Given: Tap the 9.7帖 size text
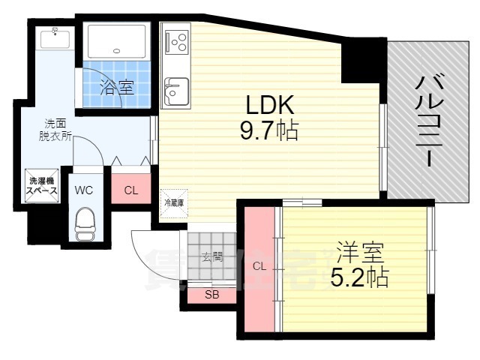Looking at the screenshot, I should point(268,132).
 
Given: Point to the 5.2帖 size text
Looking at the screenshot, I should point(359,277).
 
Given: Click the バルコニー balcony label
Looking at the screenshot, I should point(427,120).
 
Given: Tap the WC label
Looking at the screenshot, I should point(83,190).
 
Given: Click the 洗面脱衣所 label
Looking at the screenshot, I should point(56,129).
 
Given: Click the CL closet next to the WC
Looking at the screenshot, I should point(130,190).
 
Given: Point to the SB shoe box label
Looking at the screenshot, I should point(212,295).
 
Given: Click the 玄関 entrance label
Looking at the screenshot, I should point(212,256).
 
